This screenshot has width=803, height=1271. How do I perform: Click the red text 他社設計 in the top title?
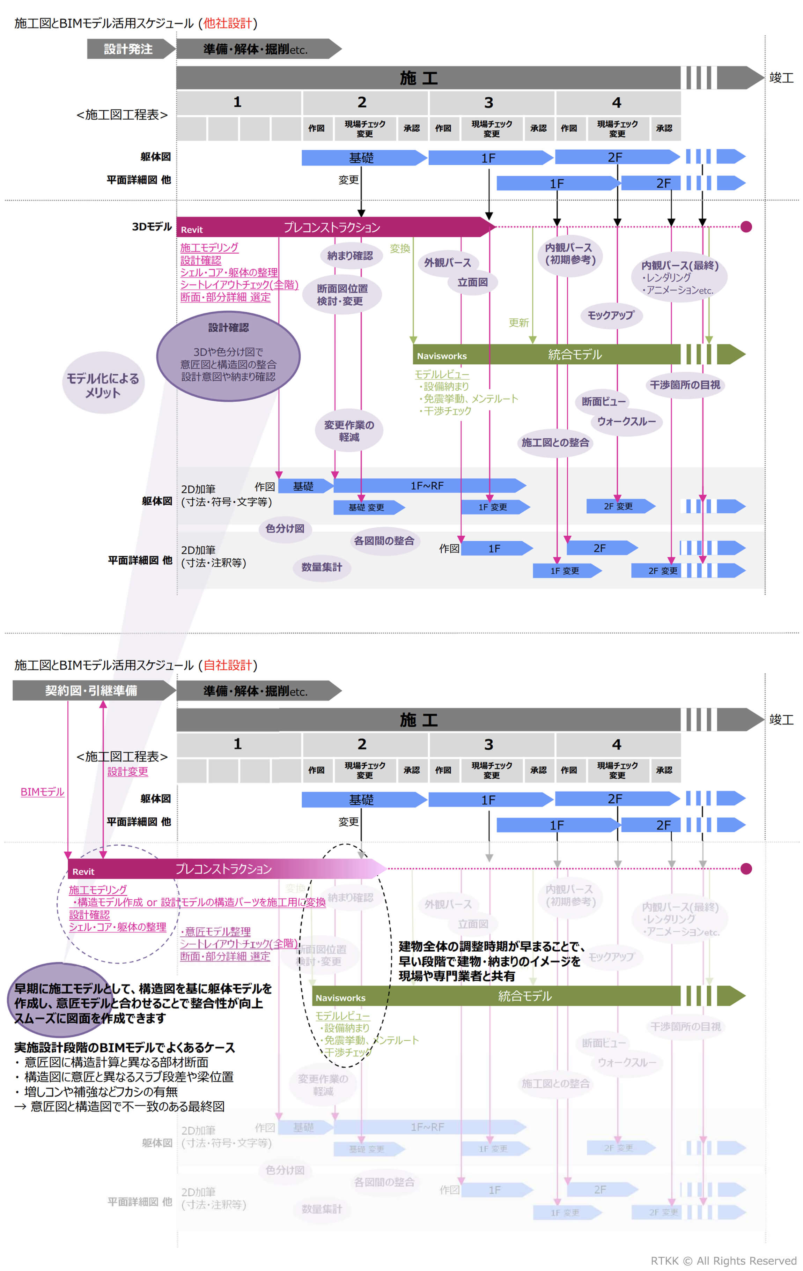pyautogui.click(x=228, y=24)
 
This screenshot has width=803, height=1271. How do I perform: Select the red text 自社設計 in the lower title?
pyautogui.click(x=228, y=665)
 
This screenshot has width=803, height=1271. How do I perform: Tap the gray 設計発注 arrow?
pyautogui.click(x=128, y=49)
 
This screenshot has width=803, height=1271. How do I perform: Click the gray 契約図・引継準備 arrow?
pyautogui.click(x=91, y=690)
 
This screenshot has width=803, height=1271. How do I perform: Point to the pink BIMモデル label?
pyautogui.click(x=42, y=792)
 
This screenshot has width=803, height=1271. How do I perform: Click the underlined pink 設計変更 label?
pyautogui.click(x=128, y=771)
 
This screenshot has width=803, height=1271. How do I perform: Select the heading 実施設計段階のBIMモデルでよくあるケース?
pyautogui.click(x=124, y=1047)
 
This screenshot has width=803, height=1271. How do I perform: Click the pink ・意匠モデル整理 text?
pyautogui.click(x=215, y=931)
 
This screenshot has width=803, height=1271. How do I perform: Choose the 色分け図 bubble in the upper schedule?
pyautogui.click(x=285, y=528)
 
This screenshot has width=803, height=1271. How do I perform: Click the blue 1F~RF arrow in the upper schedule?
pyautogui.click(x=428, y=485)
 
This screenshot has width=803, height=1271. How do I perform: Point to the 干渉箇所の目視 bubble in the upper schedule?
pyautogui.click(x=685, y=385)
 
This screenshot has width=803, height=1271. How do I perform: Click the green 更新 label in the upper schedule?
pyautogui.click(x=518, y=322)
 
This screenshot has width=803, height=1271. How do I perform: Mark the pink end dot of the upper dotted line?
pyautogui.click(x=746, y=227)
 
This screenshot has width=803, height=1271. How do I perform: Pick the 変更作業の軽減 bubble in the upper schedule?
pyautogui.click(x=349, y=431)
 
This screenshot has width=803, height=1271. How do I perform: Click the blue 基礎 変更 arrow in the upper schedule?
pyautogui.click(x=367, y=507)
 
